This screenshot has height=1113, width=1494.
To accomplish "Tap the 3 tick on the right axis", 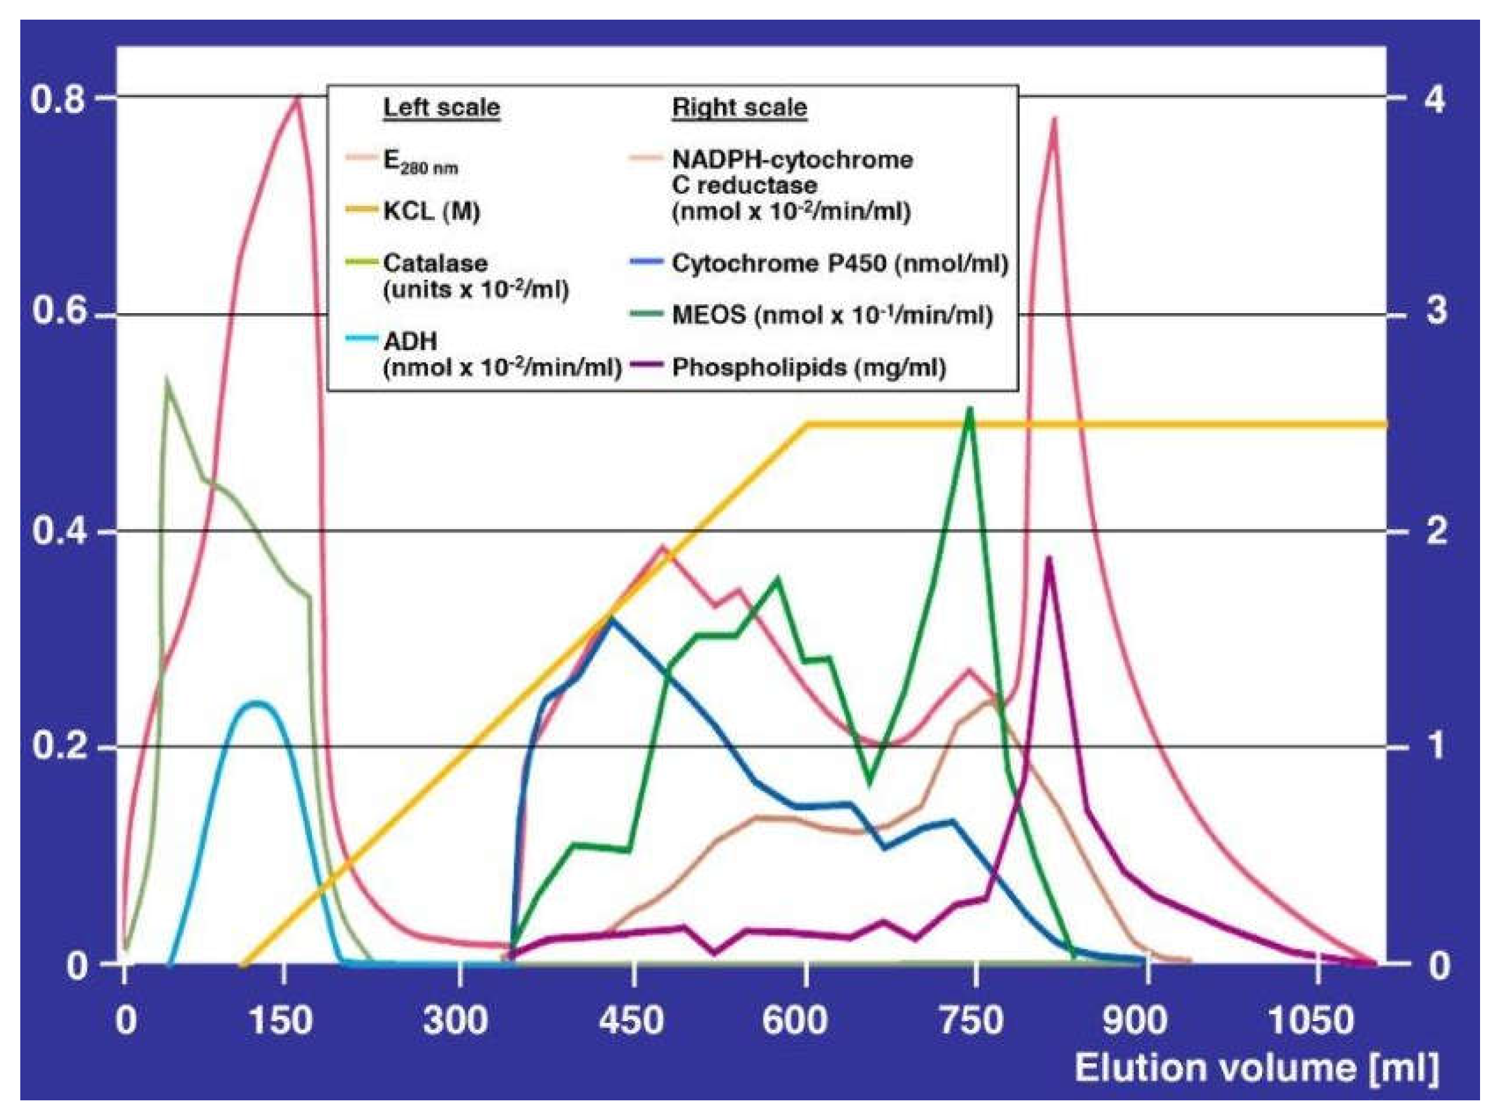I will coord(1436,311).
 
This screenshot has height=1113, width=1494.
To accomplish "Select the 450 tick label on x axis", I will coord(632,1019).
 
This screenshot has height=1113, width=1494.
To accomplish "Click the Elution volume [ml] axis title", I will coord(1256,1069).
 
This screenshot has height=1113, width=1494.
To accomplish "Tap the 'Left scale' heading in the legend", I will coord(441,107).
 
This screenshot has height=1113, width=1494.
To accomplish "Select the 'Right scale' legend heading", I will coord(739,107).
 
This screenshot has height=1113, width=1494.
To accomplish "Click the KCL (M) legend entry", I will coord(431,212).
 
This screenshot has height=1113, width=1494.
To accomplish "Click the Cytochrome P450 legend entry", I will coord(839,264).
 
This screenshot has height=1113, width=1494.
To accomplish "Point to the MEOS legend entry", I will coord(832,314).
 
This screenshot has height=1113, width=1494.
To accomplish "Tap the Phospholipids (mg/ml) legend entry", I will coord(809,367).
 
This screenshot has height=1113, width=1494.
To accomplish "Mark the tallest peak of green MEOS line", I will coord(970,409).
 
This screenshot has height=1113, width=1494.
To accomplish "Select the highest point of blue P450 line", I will coord(611,617).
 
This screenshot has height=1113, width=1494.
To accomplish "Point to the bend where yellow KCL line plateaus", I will coord(807,425).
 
